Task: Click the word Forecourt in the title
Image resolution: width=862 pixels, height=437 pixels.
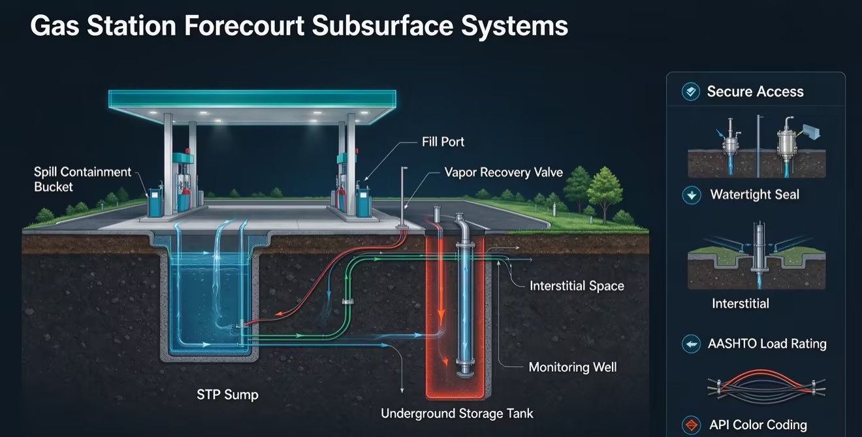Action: [x=244, y=25]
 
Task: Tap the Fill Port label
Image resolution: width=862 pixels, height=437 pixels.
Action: [x=443, y=142]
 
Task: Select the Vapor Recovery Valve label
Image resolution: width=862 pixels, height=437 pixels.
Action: [x=503, y=172]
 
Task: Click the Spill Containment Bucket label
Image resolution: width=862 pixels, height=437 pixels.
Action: [x=82, y=179]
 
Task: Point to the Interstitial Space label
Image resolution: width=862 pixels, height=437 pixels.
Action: [x=577, y=285]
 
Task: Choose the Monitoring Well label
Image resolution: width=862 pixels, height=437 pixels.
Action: [x=573, y=367]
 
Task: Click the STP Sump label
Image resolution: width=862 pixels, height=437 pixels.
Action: [x=227, y=395]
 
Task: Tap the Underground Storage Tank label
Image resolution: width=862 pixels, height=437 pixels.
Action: [x=456, y=413]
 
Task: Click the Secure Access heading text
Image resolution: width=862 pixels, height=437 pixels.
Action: [x=755, y=91]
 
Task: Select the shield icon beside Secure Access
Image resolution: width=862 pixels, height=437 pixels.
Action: [x=691, y=91]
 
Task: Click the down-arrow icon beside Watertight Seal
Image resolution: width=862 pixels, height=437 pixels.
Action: [x=692, y=195]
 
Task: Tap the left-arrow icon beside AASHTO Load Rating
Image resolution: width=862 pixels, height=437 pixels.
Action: [x=691, y=344]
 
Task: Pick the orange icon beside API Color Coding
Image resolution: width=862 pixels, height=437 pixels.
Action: [x=691, y=425]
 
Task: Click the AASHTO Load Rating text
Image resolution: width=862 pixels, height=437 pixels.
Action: [x=767, y=344]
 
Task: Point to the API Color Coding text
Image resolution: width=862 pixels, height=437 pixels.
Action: [x=758, y=425]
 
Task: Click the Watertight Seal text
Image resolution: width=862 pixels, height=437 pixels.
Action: [x=755, y=195]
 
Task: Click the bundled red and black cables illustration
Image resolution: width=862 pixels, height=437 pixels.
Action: [x=766, y=387]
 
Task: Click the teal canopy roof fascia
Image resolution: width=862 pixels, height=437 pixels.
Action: [x=252, y=99]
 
